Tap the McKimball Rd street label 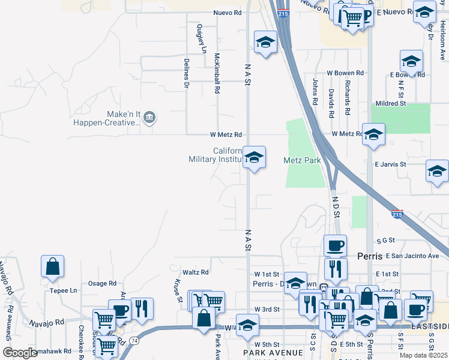217,72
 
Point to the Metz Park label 302,160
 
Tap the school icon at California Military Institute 254,158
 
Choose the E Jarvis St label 390,164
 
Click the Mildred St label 391,103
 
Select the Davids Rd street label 331,103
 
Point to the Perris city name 370,256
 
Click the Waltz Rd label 196,272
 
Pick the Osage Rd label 102,283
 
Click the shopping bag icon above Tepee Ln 53,266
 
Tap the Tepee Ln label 65,290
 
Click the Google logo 20,353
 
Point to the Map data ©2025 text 423,355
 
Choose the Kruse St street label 178,290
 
